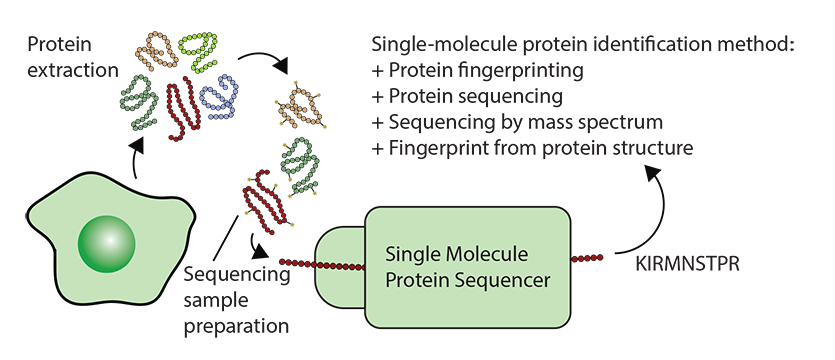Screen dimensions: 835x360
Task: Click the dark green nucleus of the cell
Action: [x=107, y=244]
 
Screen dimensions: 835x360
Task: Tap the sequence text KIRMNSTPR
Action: [x=687, y=264]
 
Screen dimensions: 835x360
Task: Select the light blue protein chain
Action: [x=221, y=96]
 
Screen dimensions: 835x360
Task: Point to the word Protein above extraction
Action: [x=59, y=44]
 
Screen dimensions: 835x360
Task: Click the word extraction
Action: [x=72, y=70]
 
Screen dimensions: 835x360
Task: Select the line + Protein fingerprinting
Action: [x=478, y=71]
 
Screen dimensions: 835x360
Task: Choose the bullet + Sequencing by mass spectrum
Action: [x=517, y=122]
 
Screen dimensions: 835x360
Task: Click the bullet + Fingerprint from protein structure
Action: [x=533, y=148]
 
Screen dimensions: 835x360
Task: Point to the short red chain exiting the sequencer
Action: [x=587, y=258]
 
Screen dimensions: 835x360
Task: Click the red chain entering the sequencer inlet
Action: [x=323, y=264]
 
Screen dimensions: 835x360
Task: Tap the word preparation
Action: [x=236, y=326]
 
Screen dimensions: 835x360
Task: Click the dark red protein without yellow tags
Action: [x=184, y=109]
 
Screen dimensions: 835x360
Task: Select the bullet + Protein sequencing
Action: [x=467, y=96]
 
